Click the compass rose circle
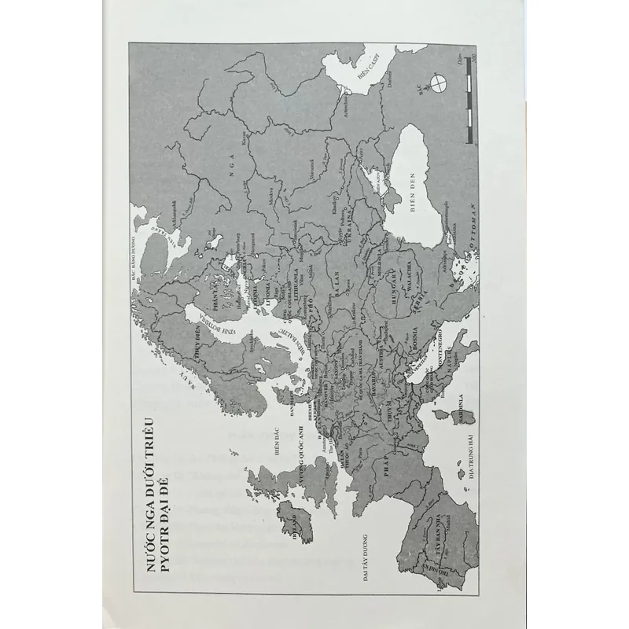(438, 81)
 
